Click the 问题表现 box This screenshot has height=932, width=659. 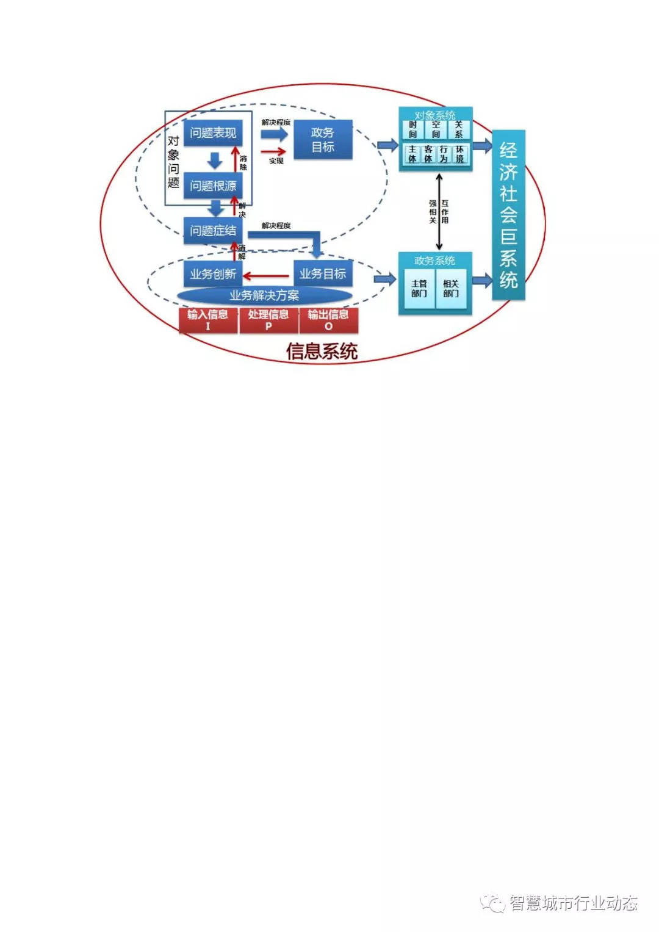point(212,132)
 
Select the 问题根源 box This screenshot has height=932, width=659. point(212,186)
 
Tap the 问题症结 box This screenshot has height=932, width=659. point(212,230)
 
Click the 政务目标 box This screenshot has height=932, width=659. point(323,140)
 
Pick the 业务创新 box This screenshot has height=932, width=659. point(212,274)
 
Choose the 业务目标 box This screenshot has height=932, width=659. point(323,274)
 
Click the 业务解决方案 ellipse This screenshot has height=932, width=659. point(264,296)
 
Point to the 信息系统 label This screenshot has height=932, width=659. point(322,352)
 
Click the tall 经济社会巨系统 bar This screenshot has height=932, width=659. point(508,215)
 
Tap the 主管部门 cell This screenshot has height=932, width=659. point(419,289)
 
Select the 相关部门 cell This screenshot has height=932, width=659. point(451,289)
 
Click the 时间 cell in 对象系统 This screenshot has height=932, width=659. point(413,129)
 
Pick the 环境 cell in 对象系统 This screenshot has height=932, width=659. point(459,154)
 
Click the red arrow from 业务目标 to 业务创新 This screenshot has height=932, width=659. point(267,276)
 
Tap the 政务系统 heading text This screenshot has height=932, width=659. point(434,261)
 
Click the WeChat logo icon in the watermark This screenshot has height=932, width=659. point(492,903)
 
